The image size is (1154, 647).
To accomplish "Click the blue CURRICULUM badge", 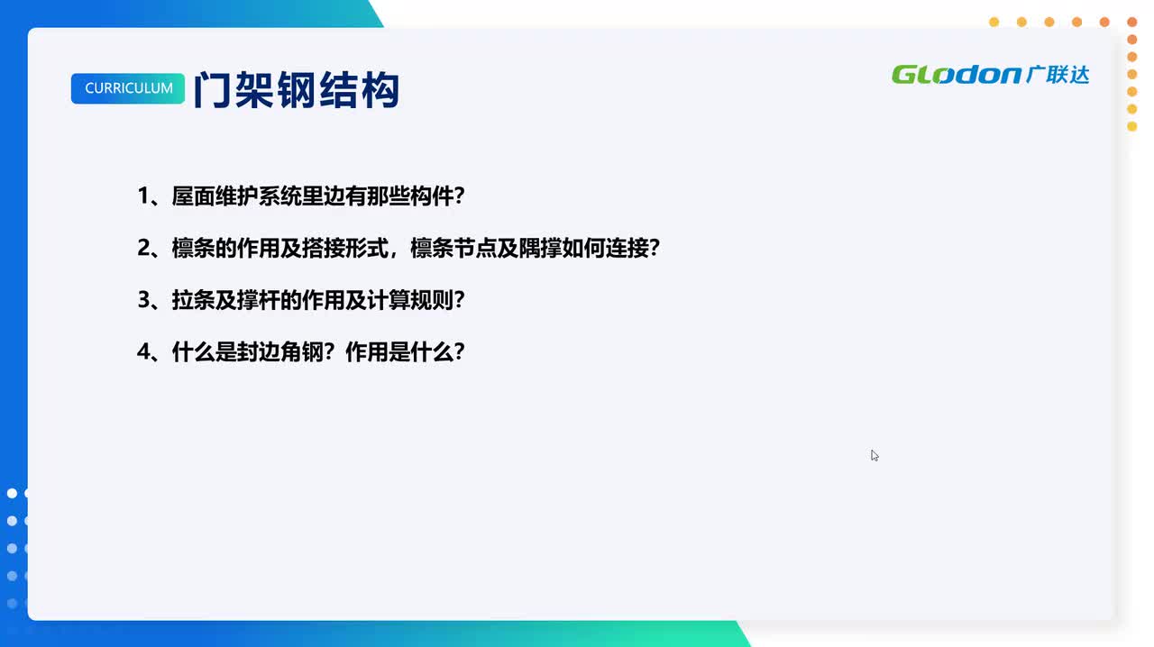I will pos(128,88).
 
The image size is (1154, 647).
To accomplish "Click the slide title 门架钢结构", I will pos(297,90).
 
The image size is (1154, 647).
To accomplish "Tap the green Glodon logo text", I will pos(956,74).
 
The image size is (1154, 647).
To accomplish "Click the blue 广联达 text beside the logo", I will pos(1058,74).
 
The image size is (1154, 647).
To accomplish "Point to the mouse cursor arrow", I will pos(874,455).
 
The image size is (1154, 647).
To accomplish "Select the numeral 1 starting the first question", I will pos(143,196).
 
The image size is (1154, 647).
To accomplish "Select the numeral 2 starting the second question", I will pos(143,248).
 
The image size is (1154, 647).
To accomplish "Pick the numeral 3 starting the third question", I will pos(143,300).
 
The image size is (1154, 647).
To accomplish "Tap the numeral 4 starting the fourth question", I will pos(143,351).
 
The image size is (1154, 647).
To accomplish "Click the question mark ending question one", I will pos(458,196).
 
